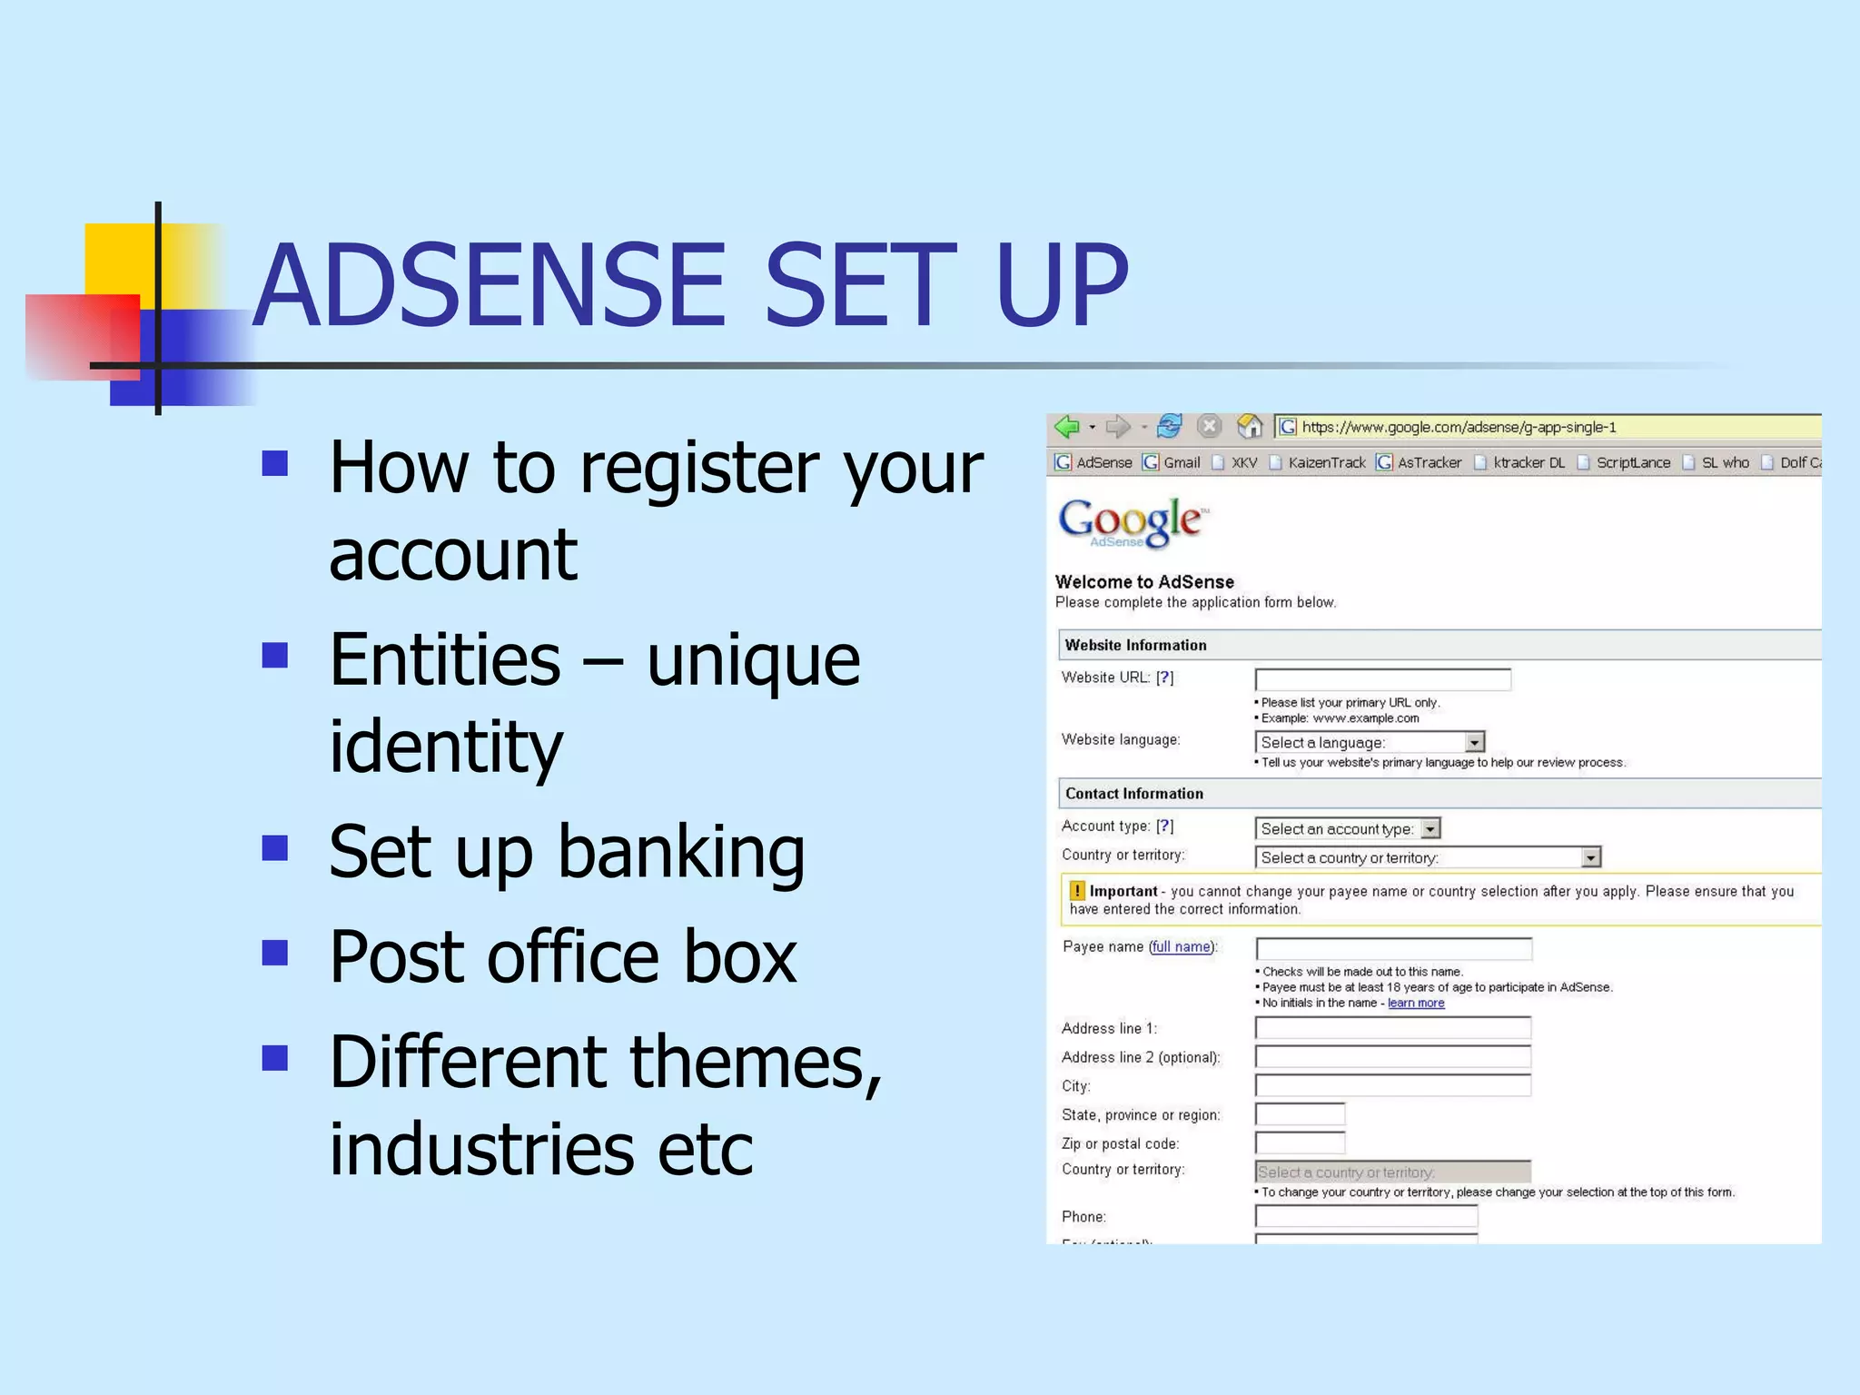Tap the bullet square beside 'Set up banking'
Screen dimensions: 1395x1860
(274, 848)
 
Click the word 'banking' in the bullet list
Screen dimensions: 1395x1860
(680, 854)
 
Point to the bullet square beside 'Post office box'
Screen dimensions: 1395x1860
(274, 953)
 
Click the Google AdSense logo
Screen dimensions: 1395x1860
(1132, 523)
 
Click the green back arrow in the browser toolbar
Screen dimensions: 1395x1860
(1067, 427)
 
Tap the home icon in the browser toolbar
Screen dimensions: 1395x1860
(1250, 426)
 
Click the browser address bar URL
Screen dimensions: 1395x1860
(1459, 427)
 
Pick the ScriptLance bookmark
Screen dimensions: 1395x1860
(1632, 462)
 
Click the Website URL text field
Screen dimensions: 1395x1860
(1382, 679)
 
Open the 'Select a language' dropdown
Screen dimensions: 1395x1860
(1370, 742)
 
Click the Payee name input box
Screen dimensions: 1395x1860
(1393, 949)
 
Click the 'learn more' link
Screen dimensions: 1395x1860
(1415, 1003)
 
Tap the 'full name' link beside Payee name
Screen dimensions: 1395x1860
(1182, 946)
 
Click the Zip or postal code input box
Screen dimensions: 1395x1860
(1300, 1143)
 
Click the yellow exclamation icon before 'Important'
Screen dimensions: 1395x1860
(1077, 891)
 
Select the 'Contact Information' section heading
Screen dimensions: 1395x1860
(1133, 794)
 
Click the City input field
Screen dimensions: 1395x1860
(1392, 1085)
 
